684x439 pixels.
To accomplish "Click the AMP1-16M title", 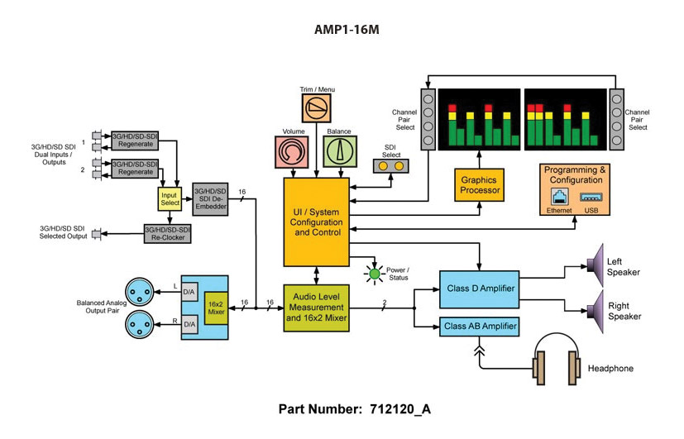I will click(341, 29).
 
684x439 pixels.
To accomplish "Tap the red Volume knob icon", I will click(292, 153).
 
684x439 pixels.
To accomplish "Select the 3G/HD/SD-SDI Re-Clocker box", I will click(167, 234).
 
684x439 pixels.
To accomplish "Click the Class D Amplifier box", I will click(479, 289).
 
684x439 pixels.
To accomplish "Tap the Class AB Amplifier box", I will click(479, 327).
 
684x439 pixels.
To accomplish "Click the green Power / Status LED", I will click(374, 274).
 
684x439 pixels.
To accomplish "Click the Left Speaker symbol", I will click(595, 264).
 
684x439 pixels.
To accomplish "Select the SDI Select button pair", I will click(391, 166).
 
